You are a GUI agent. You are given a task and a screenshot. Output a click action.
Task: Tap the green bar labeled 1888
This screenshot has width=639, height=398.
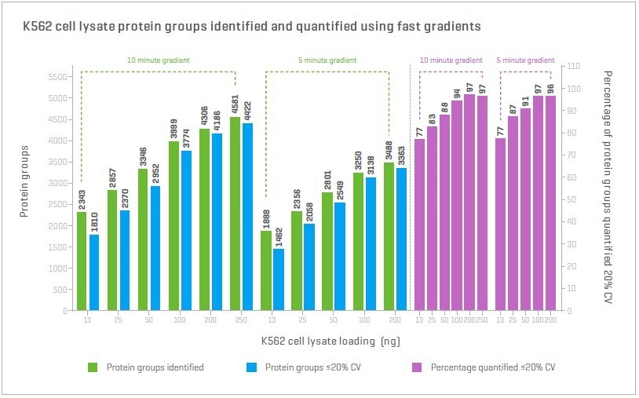266,270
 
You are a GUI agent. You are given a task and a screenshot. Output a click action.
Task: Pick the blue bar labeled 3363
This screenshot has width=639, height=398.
401,239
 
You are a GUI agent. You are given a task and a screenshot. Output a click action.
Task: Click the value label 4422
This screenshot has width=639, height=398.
247,111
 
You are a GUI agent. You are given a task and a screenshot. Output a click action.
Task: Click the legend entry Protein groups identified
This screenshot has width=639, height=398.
155,367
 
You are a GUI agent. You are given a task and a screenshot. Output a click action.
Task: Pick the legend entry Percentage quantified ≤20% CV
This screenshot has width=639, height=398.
493,367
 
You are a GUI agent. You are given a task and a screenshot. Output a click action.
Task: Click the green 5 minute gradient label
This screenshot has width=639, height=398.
327,60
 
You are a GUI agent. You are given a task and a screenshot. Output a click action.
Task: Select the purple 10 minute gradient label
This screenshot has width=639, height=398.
451,60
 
